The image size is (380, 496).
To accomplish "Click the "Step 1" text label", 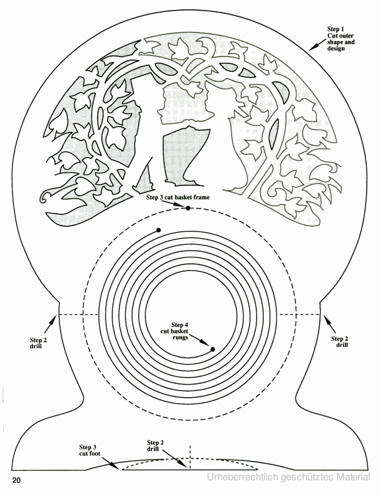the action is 336,30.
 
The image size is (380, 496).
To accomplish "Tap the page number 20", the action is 17,480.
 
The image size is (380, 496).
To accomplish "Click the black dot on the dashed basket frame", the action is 188,208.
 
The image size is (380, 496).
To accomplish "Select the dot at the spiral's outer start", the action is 159,230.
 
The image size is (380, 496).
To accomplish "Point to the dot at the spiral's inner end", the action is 213,349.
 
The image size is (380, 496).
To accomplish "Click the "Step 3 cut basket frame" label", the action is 178,197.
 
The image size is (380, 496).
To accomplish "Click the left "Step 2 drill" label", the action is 38,343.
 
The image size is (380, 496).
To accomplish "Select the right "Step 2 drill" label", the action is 340,342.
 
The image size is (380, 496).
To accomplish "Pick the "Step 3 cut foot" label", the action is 90,450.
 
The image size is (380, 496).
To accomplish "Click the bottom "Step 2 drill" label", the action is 155,446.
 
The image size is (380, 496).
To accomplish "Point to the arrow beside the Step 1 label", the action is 317,45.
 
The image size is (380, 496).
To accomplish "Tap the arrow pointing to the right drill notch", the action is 328,324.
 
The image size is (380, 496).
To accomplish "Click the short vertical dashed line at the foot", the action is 190,457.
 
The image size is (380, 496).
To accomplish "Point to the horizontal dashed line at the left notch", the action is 78,315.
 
